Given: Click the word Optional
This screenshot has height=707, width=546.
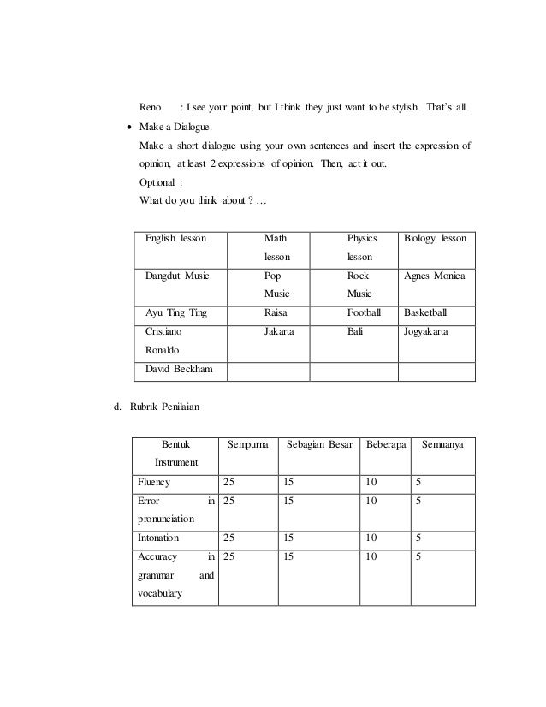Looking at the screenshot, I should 160,181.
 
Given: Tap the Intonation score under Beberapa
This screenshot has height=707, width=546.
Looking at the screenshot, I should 371,538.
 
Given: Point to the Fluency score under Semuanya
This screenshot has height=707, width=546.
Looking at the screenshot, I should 418,483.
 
